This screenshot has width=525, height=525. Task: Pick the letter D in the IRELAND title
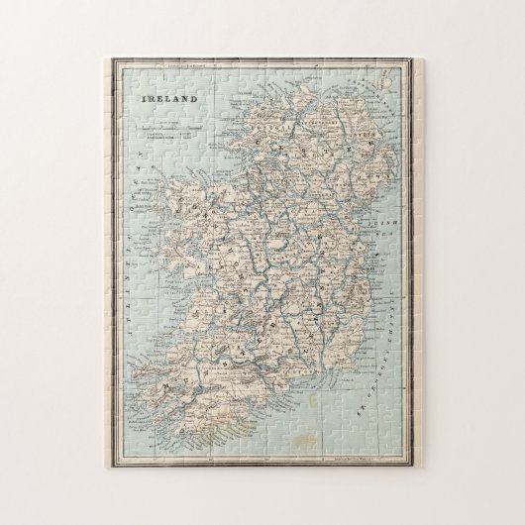click(x=194, y=100)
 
